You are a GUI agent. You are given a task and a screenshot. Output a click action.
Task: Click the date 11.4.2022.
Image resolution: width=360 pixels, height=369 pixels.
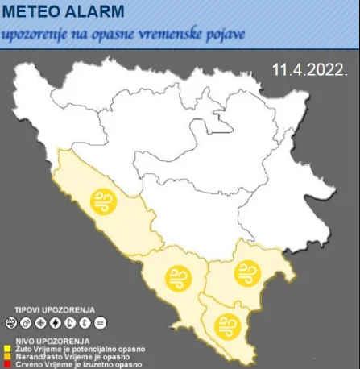(310, 70)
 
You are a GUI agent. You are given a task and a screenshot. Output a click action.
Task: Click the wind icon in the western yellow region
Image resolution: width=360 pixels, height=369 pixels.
(104, 201)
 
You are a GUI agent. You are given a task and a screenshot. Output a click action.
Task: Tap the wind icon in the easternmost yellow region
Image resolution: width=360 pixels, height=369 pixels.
(246, 273)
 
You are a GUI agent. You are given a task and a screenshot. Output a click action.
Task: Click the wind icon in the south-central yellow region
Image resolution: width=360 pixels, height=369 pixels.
(176, 279)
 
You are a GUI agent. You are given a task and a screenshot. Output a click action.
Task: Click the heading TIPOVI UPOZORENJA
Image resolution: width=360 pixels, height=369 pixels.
(54, 309)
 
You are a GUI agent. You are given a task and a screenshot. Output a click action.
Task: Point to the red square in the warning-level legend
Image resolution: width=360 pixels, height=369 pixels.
(6, 364)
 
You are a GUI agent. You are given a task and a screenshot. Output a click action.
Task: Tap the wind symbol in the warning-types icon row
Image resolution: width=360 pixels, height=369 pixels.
(11, 324)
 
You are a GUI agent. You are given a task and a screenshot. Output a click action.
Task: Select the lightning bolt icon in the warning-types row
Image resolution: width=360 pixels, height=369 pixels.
(55, 324)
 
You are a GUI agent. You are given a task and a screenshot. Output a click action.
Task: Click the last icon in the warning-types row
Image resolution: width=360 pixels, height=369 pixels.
(99, 324)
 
